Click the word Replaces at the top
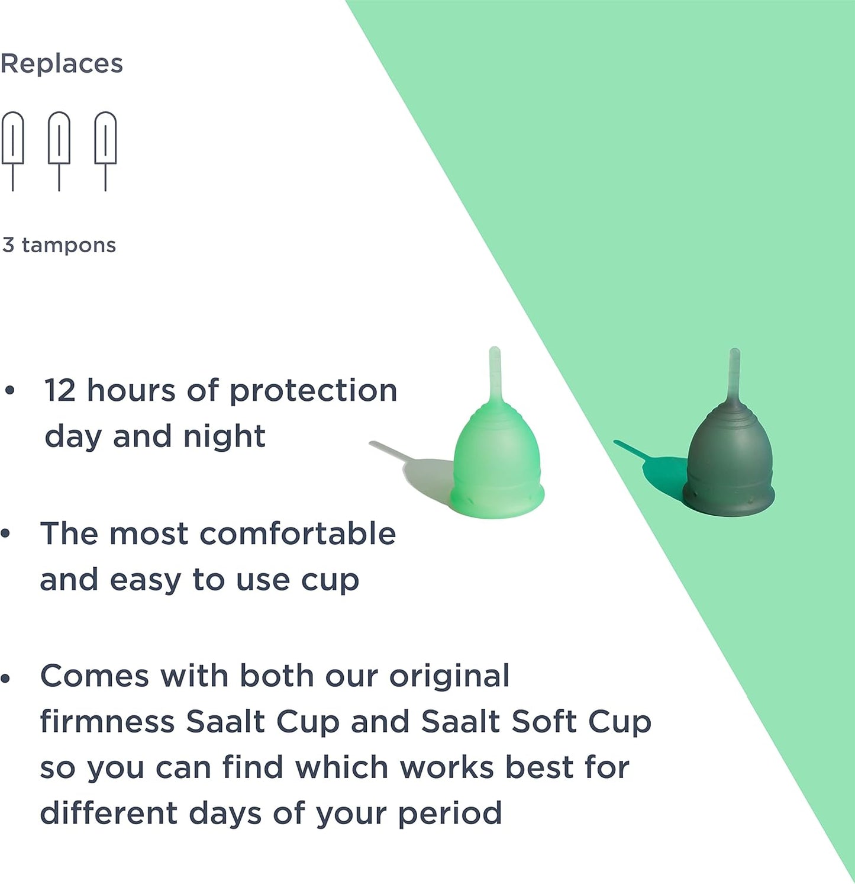62,64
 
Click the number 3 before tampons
8,245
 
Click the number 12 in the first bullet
60,391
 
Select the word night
224,436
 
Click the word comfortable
298,533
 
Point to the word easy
145,580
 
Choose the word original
449,676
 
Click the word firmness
107,722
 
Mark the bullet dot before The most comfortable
6,534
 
